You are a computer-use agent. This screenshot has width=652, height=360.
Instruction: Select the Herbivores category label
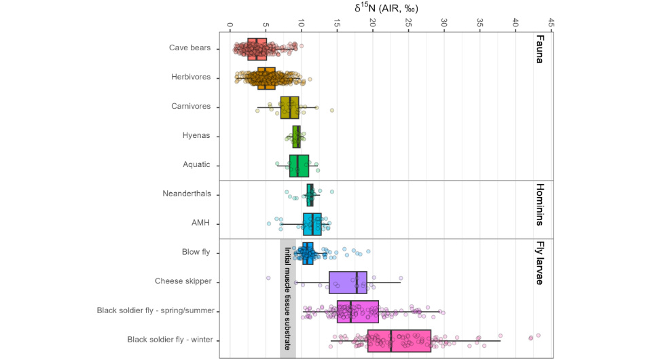191,77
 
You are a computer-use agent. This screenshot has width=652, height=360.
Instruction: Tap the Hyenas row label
196,136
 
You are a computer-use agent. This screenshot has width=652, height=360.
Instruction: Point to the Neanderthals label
187,194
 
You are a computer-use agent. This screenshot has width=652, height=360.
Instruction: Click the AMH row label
200,223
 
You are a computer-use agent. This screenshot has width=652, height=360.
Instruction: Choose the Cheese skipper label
183,281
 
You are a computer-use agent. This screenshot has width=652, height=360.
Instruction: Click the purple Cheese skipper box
348,282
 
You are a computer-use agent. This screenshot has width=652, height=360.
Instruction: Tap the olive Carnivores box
289,107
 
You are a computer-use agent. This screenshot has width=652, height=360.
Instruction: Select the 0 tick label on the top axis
230,24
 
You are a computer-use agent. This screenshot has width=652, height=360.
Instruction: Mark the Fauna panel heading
540,49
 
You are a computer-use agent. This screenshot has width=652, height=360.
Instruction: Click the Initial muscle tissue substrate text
287,298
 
